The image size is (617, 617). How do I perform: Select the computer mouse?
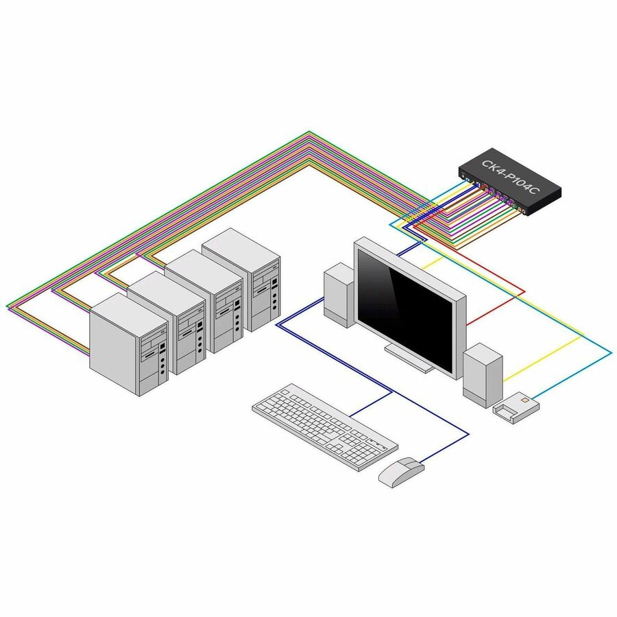(x=401, y=471)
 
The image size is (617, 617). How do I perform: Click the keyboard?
(x=325, y=425)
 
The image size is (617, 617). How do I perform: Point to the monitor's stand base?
(x=410, y=358)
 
